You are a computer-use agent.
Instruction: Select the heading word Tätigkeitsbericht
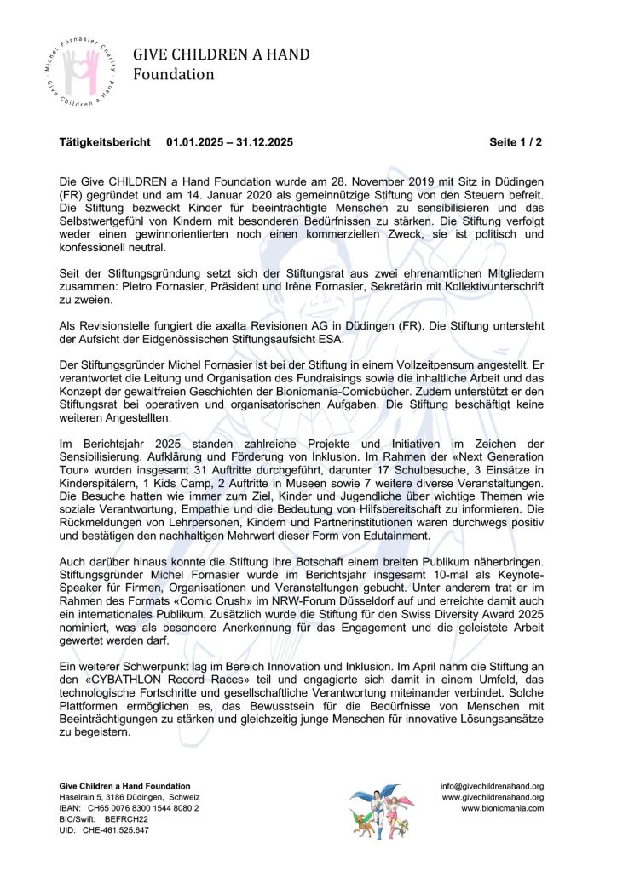pyautogui.click(x=105, y=142)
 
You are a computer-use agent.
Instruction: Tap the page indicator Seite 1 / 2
pyautogui.click(x=516, y=142)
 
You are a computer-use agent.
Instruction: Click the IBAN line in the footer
pyautogui.click(x=129, y=807)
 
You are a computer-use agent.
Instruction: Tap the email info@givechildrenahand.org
pyautogui.click(x=492, y=786)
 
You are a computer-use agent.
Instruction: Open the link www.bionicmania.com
pyautogui.click(x=502, y=807)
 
